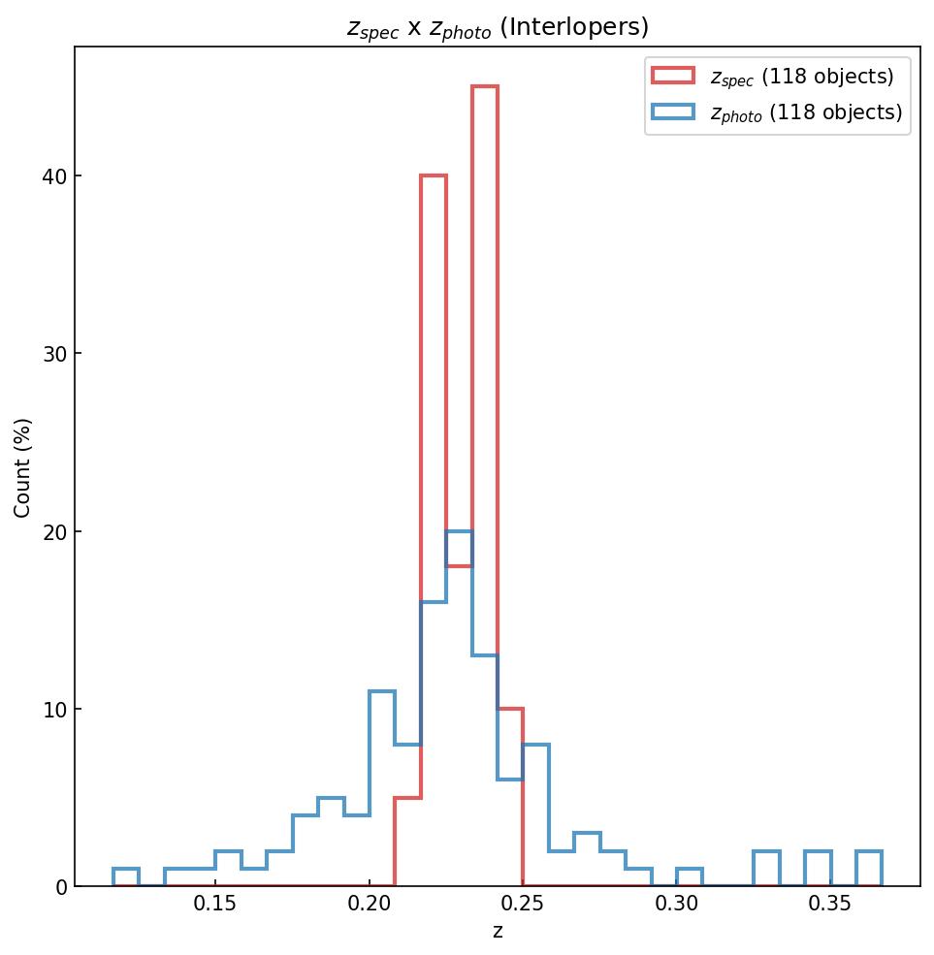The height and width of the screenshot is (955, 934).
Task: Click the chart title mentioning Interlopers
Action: (x=498, y=28)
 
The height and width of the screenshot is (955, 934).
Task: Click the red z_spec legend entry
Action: (x=773, y=77)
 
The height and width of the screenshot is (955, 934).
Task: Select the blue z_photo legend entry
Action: (x=777, y=112)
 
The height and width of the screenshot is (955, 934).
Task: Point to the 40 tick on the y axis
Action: (x=54, y=176)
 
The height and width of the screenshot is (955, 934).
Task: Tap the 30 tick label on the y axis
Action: (x=54, y=354)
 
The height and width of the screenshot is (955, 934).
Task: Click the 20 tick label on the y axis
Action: (x=54, y=531)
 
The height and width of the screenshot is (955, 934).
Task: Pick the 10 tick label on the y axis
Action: (x=54, y=710)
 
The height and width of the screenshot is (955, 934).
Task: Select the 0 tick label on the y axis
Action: (x=60, y=887)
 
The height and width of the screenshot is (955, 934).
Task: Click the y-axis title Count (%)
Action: (x=22, y=467)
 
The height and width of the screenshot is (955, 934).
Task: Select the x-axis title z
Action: (x=498, y=932)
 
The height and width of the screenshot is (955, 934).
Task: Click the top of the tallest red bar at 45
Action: (x=485, y=86)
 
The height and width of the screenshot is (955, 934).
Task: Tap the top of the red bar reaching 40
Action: (x=434, y=175)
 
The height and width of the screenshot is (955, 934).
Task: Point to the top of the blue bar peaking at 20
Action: (x=459, y=531)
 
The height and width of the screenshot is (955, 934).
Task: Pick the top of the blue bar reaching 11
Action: (x=382, y=691)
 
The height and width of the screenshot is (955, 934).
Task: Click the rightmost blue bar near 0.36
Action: (x=869, y=852)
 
